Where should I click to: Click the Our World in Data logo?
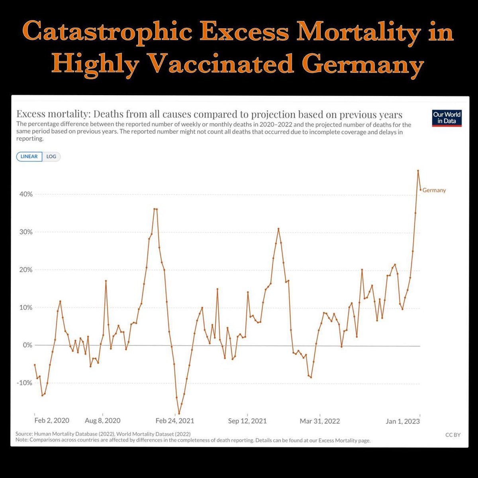(447, 118)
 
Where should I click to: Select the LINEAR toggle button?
(29, 157)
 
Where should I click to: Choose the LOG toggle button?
(51, 157)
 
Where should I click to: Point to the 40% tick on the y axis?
(24, 194)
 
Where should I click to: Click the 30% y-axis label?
(24, 232)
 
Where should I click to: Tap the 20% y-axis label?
(24, 270)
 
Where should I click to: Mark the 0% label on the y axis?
(27, 345)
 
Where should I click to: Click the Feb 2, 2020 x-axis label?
(52, 421)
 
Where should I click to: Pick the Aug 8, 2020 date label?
(102, 421)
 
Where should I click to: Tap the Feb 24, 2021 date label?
(175, 421)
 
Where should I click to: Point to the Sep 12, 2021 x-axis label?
(247, 421)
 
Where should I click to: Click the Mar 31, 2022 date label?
(320, 421)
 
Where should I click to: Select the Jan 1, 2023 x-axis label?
(403, 421)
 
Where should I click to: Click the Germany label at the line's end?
(434, 190)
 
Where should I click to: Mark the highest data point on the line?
(418, 170)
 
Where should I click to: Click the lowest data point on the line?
(179, 414)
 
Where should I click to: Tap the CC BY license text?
(453, 435)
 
